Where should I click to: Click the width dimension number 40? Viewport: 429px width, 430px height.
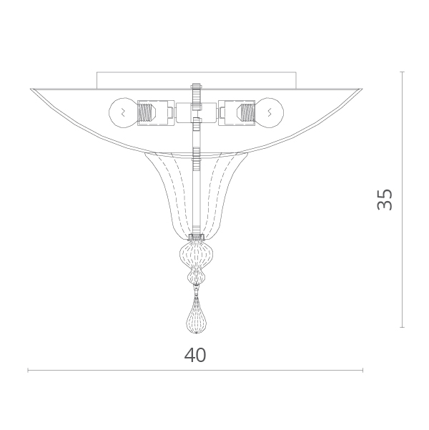coord(195,355)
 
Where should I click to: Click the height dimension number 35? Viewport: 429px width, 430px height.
coord(385,200)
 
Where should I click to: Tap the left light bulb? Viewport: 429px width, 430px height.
coord(122,113)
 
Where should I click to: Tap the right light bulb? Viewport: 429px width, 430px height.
coord(270,113)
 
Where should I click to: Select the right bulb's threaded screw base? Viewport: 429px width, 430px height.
coord(246,113)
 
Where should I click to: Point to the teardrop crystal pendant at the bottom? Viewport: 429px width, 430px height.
coord(197,316)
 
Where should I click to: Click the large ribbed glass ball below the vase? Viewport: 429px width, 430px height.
coord(197,255)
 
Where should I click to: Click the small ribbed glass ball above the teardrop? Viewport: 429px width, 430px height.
coord(197,278)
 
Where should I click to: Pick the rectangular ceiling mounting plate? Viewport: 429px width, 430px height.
coord(197,80)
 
